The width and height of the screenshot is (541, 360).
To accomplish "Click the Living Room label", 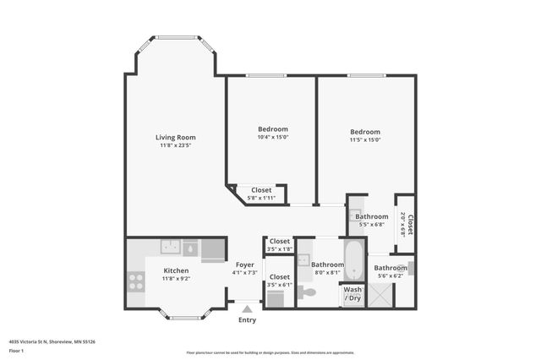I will point(175,137).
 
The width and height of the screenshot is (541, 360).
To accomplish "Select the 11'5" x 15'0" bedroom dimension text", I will point(365,140).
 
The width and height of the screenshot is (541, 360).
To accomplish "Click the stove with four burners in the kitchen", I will point(135,281).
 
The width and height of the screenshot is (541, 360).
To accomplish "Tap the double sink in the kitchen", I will point(172,248).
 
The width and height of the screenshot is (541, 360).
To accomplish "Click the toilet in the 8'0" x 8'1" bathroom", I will point(307,292).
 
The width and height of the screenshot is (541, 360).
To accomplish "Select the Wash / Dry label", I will point(352,293).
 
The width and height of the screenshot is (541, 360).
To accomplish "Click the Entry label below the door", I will point(247,320).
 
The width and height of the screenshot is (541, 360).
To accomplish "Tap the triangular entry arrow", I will point(247,309).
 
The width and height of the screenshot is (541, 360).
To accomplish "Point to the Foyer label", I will point(245,265).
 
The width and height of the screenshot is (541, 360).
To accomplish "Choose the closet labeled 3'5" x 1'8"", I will point(280,244).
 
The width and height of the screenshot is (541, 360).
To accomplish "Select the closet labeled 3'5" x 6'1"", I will point(280,281).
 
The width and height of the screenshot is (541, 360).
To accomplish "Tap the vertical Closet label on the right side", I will point(409,224).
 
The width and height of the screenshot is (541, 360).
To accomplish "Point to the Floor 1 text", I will point(17,350).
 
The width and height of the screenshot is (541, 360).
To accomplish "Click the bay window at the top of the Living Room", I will point(176,37).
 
